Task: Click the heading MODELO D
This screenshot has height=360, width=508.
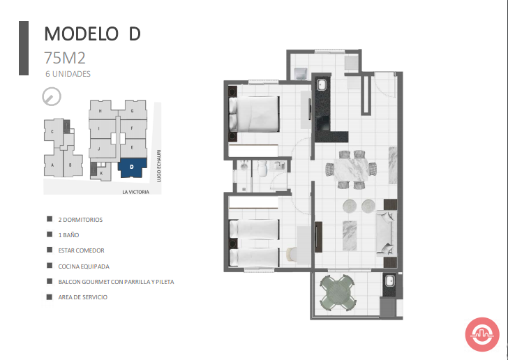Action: (x=92, y=33)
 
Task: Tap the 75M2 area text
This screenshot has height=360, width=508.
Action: (x=65, y=58)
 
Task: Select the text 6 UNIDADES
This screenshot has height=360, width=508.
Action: (x=68, y=74)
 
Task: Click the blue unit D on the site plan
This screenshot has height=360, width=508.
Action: (x=132, y=167)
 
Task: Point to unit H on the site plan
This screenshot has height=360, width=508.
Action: (x=100, y=110)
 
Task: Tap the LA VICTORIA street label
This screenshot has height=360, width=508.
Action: (x=136, y=192)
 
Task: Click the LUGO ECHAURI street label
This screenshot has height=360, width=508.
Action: (x=159, y=165)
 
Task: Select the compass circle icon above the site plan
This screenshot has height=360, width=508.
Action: (x=52, y=96)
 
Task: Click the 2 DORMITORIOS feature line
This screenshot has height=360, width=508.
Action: (x=80, y=220)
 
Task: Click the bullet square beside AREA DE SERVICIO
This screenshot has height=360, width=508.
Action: (x=50, y=297)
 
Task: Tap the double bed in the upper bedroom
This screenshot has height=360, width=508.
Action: (x=254, y=114)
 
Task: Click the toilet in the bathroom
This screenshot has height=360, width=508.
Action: (x=262, y=168)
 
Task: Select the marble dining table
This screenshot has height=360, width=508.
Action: (x=351, y=170)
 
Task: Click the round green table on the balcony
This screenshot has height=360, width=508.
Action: (x=336, y=292)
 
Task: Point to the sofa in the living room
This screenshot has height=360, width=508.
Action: (x=386, y=232)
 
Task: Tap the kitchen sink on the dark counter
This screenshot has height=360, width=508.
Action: (x=322, y=84)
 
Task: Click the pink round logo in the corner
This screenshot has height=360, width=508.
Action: (x=482, y=334)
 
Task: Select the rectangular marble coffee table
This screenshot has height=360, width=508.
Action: (x=350, y=236)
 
